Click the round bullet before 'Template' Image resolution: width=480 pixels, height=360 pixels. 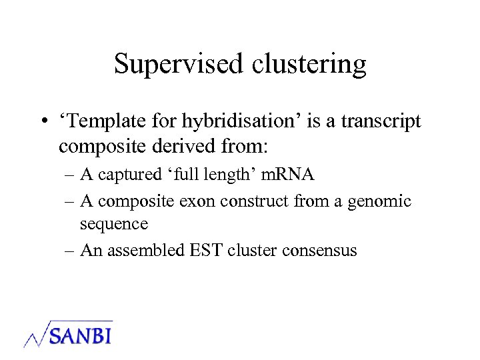(42, 122)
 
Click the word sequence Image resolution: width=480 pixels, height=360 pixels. (113, 224)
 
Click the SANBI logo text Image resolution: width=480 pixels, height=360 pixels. (79, 333)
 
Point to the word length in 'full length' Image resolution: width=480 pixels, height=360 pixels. (237, 175)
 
